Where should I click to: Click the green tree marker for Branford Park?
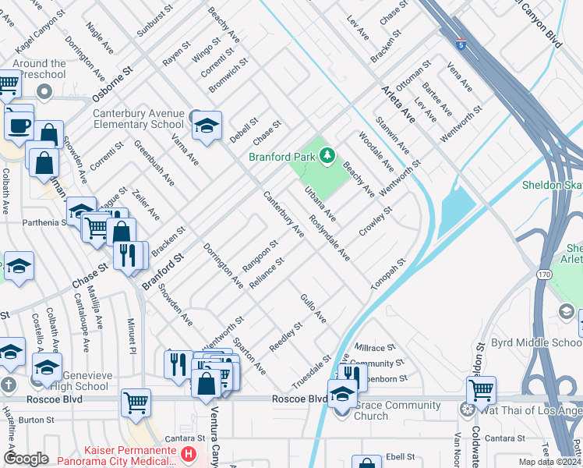pyautogui.click(x=327, y=156)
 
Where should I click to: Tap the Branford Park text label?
pyautogui.click(x=282, y=157)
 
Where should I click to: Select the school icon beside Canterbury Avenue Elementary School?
pyautogui.click(x=207, y=125)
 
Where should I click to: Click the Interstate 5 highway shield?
pyautogui.click(x=462, y=44)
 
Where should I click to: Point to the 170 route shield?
pyautogui.click(x=543, y=274)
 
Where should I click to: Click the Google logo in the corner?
pyautogui.click(x=26, y=459)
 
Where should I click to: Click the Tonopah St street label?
pyautogui.click(x=389, y=275)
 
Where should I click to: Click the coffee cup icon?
pyautogui.click(x=19, y=125)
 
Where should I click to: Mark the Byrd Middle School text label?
pyautogui.click(x=538, y=343)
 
